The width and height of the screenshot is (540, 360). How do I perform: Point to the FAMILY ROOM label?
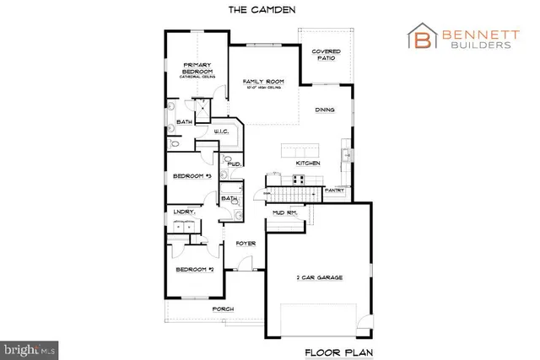coord(262,83)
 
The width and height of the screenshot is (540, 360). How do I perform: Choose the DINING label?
coord(326,110)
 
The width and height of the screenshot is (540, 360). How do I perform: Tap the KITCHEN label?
coord(307,162)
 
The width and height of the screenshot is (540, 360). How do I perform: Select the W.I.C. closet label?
coord(223,132)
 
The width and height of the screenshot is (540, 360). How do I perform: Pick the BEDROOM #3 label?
coord(191,175)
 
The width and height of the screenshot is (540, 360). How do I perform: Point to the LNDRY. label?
coord(184,212)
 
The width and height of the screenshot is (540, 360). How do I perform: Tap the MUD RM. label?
coord(282,214)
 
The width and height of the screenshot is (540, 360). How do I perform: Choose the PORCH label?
coord(223,309)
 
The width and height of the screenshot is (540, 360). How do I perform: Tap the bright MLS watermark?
coord(30,347)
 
